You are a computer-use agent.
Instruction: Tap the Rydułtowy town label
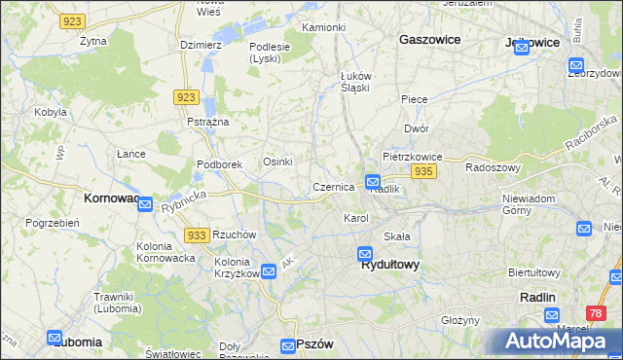pyautogui.click(x=389, y=264)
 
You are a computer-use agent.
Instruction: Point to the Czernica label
pyautogui.click(x=333, y=187)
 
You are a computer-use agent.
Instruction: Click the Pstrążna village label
pyautogui.click(x=208, y=122)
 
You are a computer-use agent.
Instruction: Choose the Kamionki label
pyautogui.click(x=324, y=27)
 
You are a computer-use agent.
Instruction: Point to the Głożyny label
pyautogui.click(x=460, y=320)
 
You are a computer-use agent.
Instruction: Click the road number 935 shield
pyautogui.click(x=422, y=171)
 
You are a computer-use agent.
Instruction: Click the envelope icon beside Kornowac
pyautogui.click(x=144, y=204)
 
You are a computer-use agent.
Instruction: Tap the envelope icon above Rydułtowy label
pyautogui.click(x=364, y=253)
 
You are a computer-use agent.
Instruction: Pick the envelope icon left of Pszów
pyautogui.click(x=288, y=345)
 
